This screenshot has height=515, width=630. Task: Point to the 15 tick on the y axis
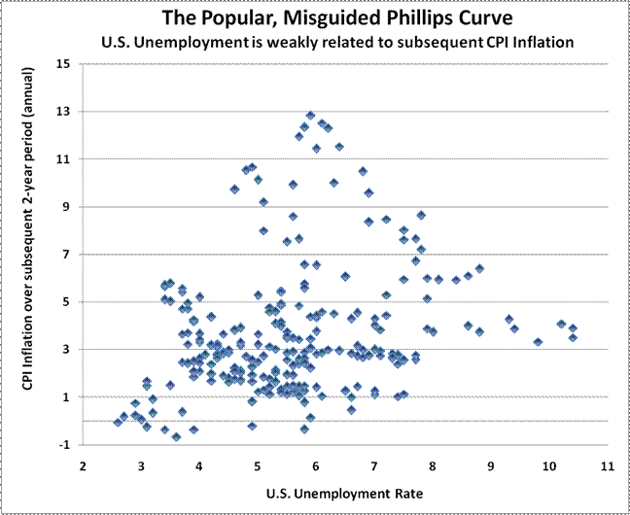click(x=64, y=64)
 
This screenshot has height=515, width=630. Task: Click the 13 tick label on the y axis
click(x=64, y=112)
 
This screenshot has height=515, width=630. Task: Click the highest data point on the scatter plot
click(x=311, y=116)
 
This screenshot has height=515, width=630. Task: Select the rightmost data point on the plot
click(x=574, y=337)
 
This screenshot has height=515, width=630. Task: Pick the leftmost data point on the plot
click(x=118, y=422)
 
